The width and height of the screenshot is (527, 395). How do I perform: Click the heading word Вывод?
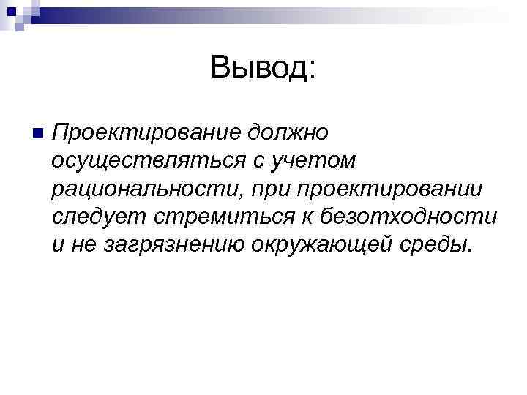coord(258,68)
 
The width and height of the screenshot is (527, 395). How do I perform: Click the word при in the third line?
coord(266,189)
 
